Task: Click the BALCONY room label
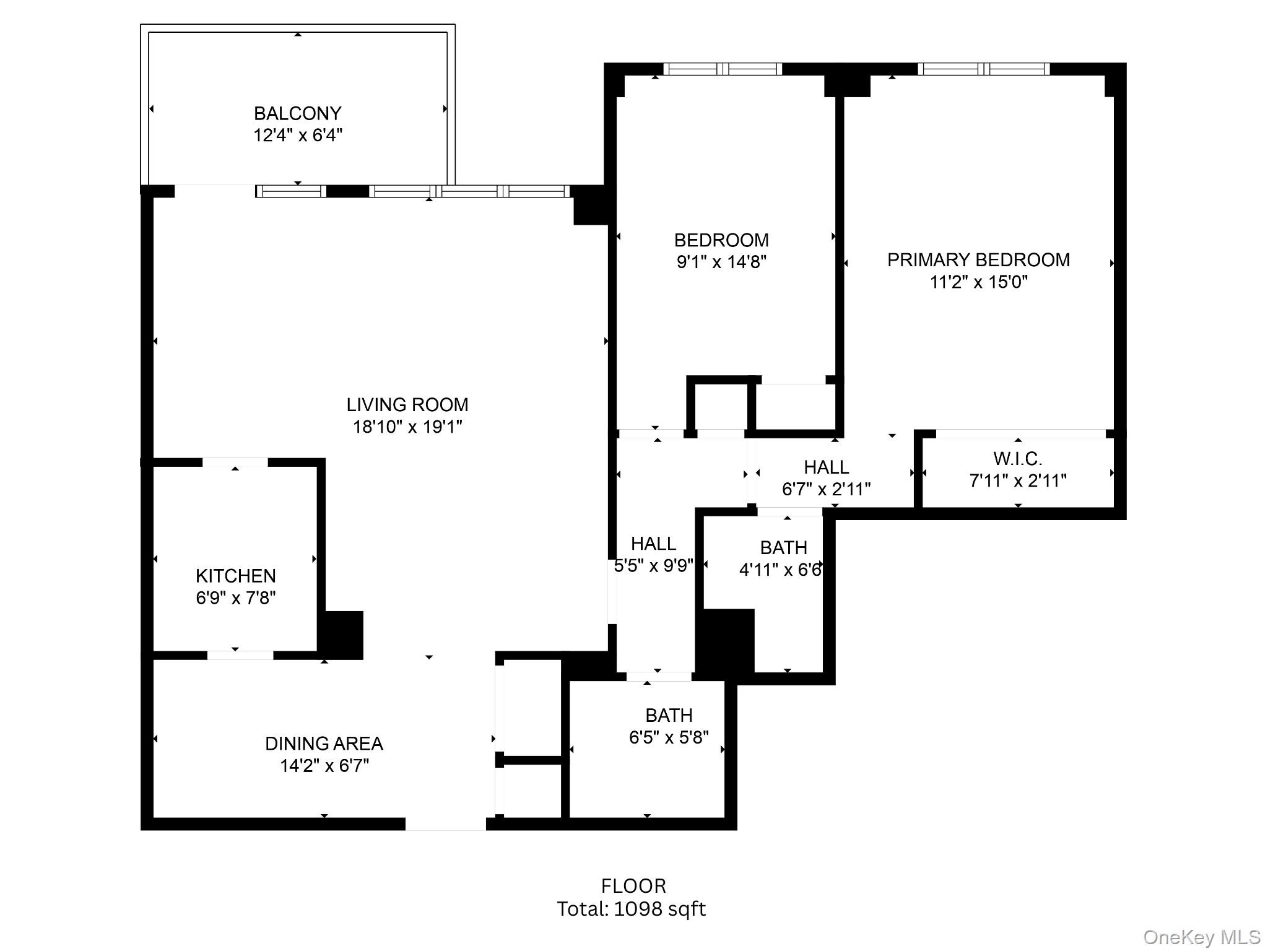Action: point(297,113)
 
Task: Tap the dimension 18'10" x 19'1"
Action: point(407,427)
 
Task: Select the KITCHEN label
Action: point(235,576)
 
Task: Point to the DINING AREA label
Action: point(324,744)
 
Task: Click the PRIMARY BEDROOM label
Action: point(978,260)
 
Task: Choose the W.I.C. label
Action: point(1018,459)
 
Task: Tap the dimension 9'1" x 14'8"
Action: point(721,262)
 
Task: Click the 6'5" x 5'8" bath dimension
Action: point(669,737)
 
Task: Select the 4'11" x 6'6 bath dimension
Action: point(780,570)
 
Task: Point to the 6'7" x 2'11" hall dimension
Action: point(826,489)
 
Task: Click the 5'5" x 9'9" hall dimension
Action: point(654,565)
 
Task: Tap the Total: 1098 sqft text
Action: point(631,909)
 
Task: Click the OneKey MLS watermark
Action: point(1202,937)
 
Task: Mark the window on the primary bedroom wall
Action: point(983,69)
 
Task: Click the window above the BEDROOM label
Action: point(723,69)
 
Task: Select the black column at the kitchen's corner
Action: point(341,635)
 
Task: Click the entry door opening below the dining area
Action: point(445,823)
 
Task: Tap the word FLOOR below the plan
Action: point(633,886)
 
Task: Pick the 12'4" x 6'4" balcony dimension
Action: point(297,135)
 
